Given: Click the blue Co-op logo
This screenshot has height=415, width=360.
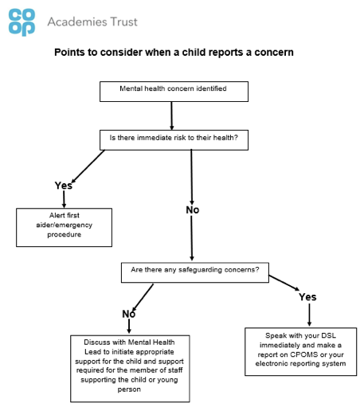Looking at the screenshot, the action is point(22,22).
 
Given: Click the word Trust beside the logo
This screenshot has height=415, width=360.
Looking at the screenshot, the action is point(123,22).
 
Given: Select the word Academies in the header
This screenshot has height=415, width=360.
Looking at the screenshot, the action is point(77,22).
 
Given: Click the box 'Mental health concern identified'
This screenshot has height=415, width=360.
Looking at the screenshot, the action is point(174,92).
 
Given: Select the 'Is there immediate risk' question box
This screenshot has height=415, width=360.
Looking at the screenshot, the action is point(174,140).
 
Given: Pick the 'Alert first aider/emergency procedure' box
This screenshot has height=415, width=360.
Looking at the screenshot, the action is point(64,228).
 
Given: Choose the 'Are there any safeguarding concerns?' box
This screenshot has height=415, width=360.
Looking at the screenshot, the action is point(195,272).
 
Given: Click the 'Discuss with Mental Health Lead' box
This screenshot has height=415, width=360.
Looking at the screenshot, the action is point(130,369).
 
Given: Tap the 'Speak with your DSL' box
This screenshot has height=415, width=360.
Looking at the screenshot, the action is point(300,352).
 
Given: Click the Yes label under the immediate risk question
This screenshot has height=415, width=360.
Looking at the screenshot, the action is point(64,186).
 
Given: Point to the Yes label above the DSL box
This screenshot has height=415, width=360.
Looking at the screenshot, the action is point(307,297).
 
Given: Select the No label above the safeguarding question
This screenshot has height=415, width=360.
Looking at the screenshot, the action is point(193,210).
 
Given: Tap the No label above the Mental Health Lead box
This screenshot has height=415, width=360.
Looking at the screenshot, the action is point(129,314).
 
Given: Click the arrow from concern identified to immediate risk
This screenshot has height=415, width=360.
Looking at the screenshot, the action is point(171,116).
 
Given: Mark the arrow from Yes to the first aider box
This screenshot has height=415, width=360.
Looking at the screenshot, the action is point(64,199).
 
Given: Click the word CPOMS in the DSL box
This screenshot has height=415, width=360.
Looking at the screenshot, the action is point(304,354).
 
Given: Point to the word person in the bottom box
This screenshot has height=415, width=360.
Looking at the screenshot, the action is point(129,390).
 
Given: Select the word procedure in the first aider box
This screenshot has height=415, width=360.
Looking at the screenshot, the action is point(65,235).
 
